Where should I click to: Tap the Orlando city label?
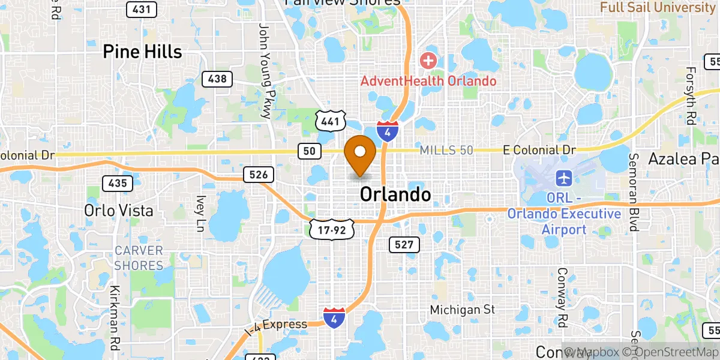pos(395,194)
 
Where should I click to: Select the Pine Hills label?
pos(142,52)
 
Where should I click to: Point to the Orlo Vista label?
pos(119,211)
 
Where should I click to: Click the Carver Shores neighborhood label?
pos(139,257)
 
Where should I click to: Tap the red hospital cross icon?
pos(428,60)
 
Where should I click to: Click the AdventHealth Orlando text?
pos(428,80)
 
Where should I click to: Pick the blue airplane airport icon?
pos(564,178)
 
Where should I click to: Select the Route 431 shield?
pos(142,9)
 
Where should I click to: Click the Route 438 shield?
pos(217,79)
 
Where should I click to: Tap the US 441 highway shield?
pos(331,122)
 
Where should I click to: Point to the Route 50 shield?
pos(308,152)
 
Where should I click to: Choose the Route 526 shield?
pos(259,175)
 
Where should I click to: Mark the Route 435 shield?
pos(117,183)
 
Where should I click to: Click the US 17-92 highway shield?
pos(332,229)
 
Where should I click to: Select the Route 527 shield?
pos(404,244)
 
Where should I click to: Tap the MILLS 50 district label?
pos(446,150)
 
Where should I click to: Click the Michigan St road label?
pos(463,310)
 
